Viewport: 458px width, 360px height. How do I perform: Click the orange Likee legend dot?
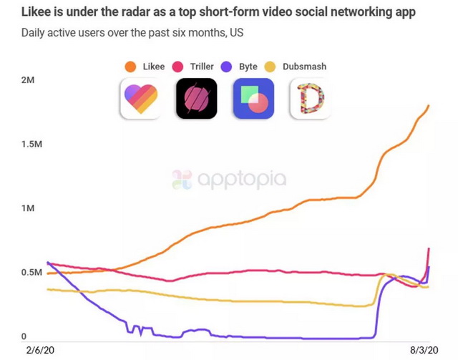point(130,67)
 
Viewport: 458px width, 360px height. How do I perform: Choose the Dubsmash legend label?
point(305,67)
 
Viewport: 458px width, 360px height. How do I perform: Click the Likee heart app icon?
point(140,98)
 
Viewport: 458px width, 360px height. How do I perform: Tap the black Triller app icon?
point(196,98)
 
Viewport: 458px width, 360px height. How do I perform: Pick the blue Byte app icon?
point(253,98)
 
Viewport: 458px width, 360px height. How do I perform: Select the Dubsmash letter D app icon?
point(310,98)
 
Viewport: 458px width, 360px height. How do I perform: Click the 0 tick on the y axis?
point(24,336)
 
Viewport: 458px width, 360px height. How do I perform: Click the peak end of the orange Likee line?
point(428,107)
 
